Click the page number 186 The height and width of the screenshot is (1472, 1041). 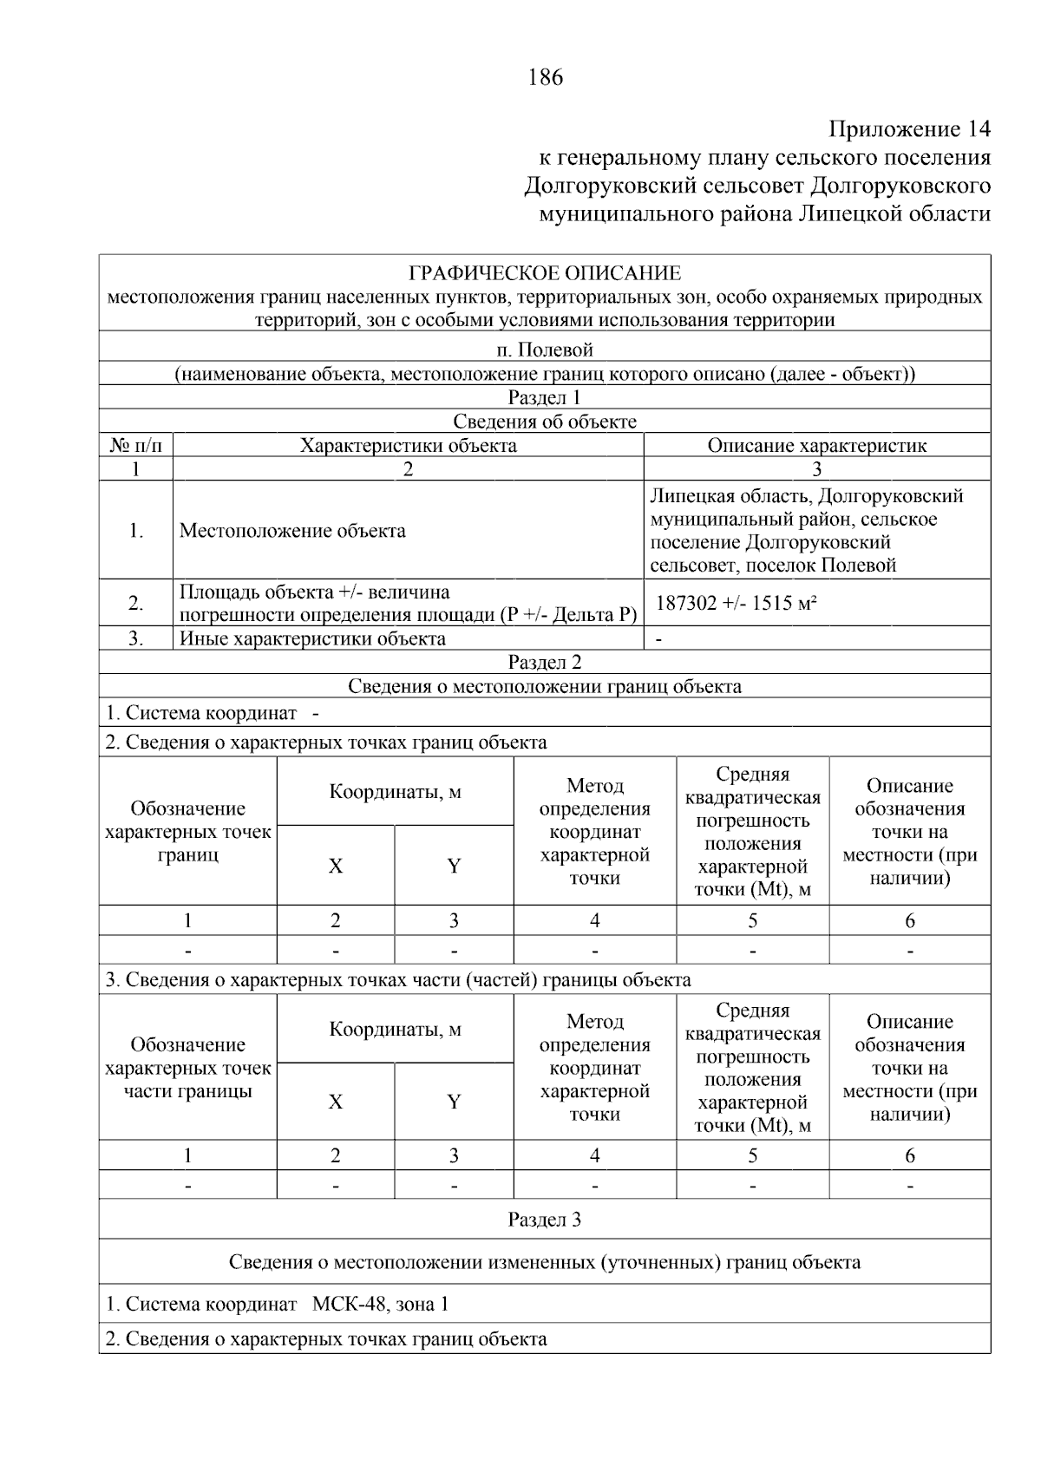point(545,77)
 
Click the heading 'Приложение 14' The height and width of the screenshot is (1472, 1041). point(908,129)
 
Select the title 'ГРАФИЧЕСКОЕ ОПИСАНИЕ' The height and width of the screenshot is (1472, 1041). point(545,274)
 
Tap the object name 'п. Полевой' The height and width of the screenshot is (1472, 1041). point(545,350)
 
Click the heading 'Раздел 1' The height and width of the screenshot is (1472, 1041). point(545,398)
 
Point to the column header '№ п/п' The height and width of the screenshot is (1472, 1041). point(136,446)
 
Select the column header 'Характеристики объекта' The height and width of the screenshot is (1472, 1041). point(408,446)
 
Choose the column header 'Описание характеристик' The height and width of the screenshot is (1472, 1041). point(816,446)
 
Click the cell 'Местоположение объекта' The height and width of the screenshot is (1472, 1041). point(292,531)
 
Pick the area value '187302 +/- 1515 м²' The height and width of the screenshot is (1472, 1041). point(736,603)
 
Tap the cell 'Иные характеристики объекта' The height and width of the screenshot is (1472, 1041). point(312,639)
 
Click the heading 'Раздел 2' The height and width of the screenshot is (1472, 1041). point(545,663)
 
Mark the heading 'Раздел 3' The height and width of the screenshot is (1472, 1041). point(545,1220)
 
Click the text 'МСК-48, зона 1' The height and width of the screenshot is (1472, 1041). point(381,1304)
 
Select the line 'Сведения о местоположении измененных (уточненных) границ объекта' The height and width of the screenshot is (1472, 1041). point(545,1262)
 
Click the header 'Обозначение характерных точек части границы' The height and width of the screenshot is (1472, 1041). point(188,1068)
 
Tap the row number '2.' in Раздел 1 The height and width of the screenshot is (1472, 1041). point(136,603)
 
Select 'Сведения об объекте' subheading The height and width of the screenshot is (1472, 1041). point(545,422)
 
